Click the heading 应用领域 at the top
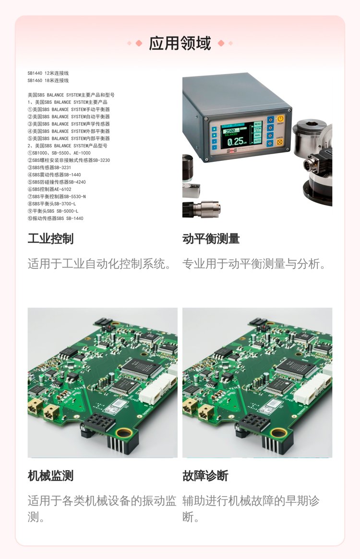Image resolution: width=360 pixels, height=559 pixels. point(180,43)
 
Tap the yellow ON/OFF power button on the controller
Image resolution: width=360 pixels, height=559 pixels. point(280,119)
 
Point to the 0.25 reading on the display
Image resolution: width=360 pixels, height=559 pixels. point(235,142)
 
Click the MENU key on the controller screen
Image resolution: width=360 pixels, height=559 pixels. point(258,124)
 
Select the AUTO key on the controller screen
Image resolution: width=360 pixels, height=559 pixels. point(257,141)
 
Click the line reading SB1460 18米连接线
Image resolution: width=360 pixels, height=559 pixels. point(48,81)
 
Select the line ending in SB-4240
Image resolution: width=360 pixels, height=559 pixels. point(57,182)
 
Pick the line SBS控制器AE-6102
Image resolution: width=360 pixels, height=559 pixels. point(49,189)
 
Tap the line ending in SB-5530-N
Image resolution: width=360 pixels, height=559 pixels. point(57,196)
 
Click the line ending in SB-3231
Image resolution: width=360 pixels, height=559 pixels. point(49,168)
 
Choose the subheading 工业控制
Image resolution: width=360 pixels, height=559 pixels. point(50,239)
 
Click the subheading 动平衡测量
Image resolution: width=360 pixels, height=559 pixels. point(211,239)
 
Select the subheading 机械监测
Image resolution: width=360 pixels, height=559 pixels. point(50,475)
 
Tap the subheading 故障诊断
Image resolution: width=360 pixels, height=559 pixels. point(205,475)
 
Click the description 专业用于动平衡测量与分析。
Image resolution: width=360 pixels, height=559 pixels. point(254,264)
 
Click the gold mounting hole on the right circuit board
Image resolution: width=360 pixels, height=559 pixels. point(278,433)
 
